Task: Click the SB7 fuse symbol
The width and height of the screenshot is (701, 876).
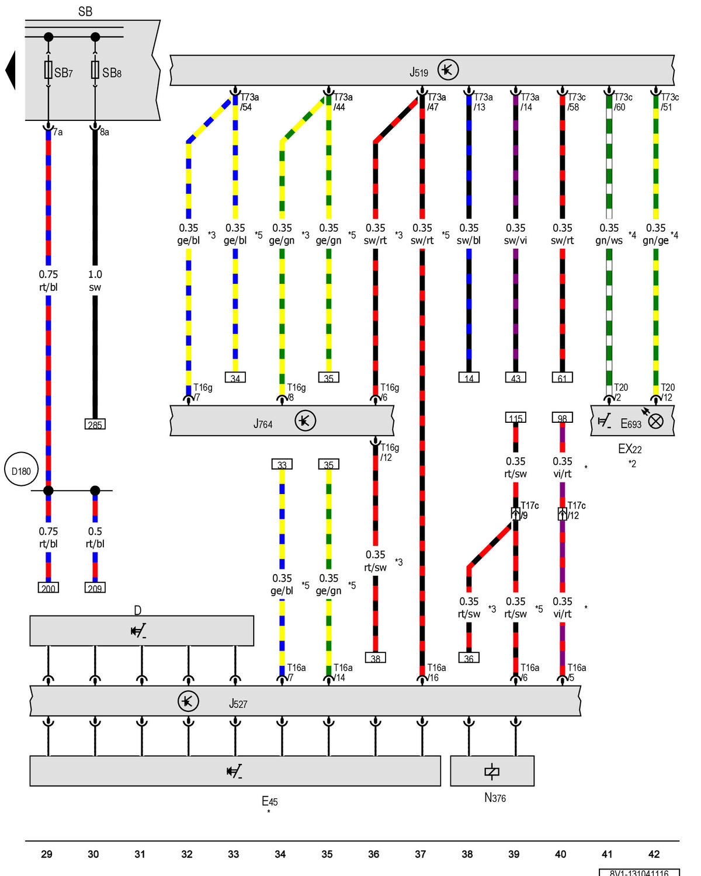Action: [x=48, y=70]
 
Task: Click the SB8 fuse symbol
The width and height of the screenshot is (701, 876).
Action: [x=95, y=70]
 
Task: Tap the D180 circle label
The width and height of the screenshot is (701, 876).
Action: [x=22, y=471]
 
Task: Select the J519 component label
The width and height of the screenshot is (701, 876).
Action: [x=419, y=72]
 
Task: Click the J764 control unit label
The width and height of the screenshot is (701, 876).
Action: [x=263, y=423]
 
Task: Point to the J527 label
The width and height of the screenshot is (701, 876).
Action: [x=238, y=704]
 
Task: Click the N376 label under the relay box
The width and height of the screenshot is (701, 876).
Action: [x=495, y=798]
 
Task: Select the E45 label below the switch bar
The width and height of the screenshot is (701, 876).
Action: [x=269, y=801]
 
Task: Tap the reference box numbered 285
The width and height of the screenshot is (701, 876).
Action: [x=95, y=425]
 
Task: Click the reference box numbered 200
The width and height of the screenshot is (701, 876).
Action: [x=48, y=588]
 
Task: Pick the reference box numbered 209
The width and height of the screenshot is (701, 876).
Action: [x=95, y=588]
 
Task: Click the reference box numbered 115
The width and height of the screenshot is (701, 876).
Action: [x=515, y=418]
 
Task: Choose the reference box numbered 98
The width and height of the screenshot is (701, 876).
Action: [x=562, y=418]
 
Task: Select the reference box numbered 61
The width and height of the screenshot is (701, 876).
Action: [x=562, y=378]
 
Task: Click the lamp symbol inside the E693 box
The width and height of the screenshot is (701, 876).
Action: [x=656, y=420]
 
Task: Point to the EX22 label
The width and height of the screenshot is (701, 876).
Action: [x=630, y=449]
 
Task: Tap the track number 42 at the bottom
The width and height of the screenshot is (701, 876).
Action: [x=654, y=854]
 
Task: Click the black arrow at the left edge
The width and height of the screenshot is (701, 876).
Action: [x=11, y=70]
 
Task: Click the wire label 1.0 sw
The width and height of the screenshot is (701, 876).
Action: [x=95, y=281]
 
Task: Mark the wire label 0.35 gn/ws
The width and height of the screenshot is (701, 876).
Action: [x=609, y=234]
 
